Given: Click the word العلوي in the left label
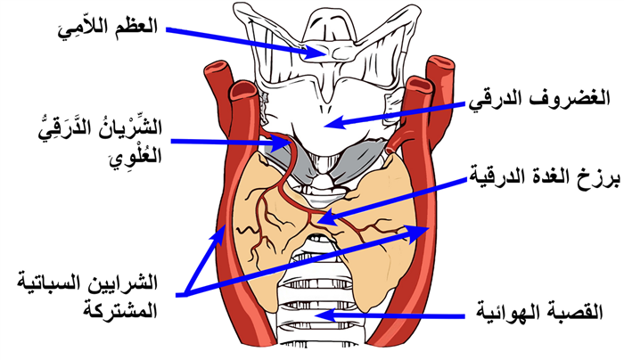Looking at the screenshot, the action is tap(135, 155).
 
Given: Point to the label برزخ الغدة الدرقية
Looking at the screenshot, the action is tap(545, 176).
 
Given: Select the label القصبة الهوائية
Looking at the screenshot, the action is tap(539, 313).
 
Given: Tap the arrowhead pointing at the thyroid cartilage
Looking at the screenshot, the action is tap(335, 122).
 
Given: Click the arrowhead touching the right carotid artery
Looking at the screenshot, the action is tap(418, 231).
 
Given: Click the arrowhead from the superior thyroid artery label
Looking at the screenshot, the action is tap(283, 143).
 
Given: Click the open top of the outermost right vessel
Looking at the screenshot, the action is tap(440, 62).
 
